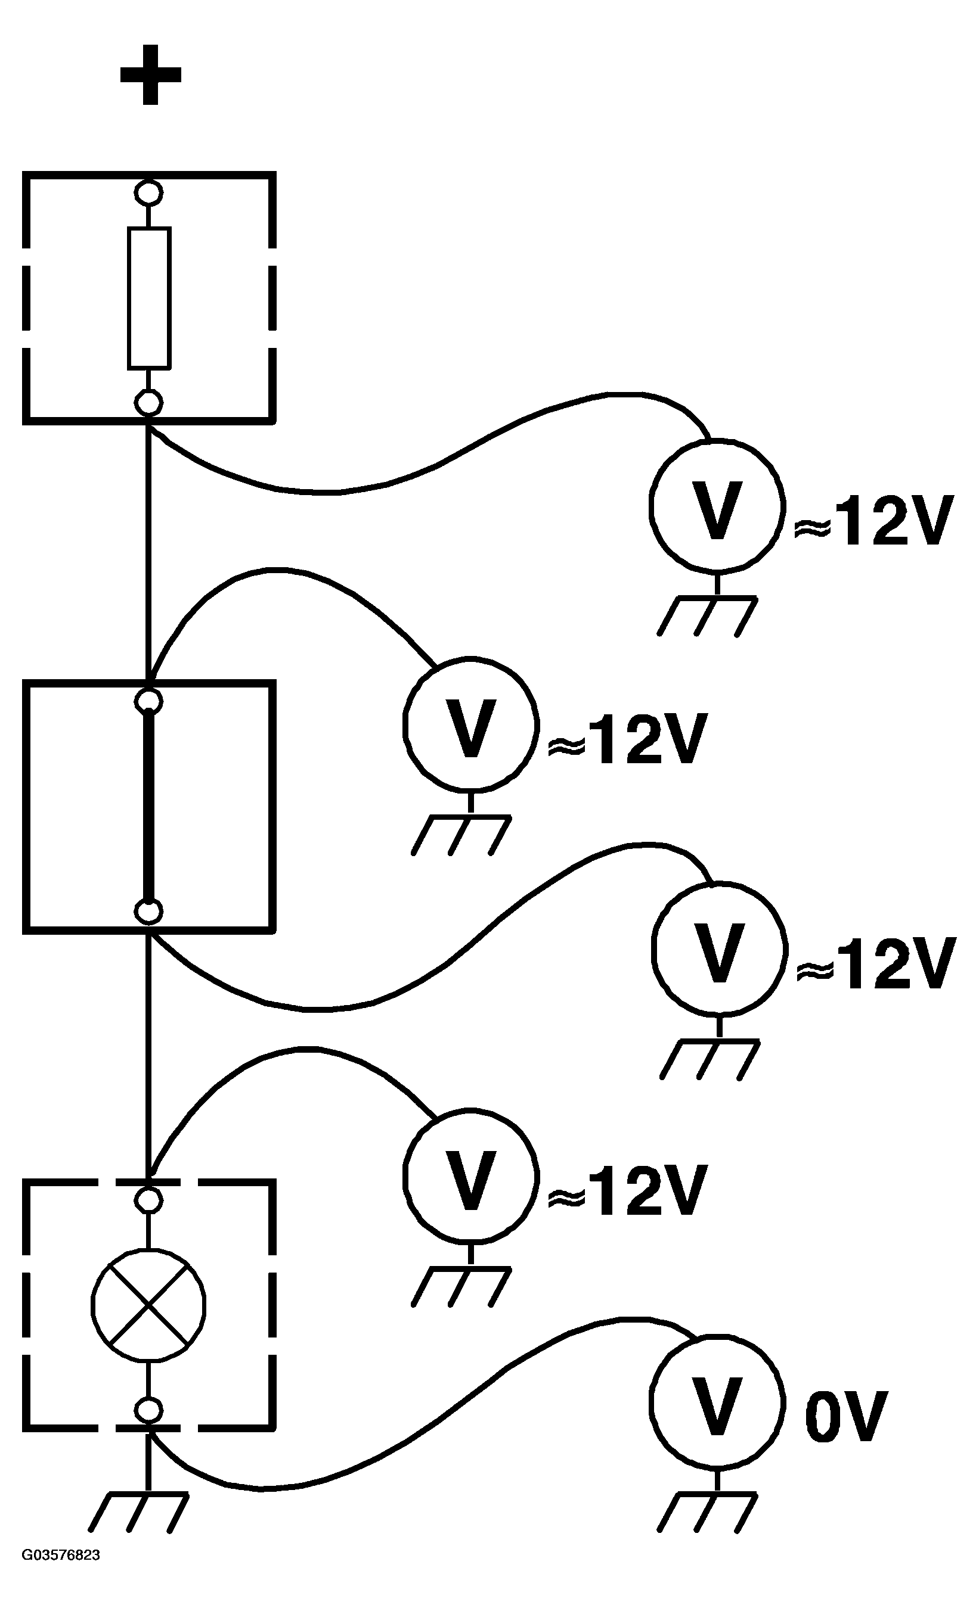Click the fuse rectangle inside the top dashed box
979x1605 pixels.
149,298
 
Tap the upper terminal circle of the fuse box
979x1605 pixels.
148,192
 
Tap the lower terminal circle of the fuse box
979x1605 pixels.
148,403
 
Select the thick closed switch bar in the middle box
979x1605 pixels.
149,805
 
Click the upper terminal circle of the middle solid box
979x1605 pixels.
148,700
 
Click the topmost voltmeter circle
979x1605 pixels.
715,507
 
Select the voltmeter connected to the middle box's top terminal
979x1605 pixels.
470,724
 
